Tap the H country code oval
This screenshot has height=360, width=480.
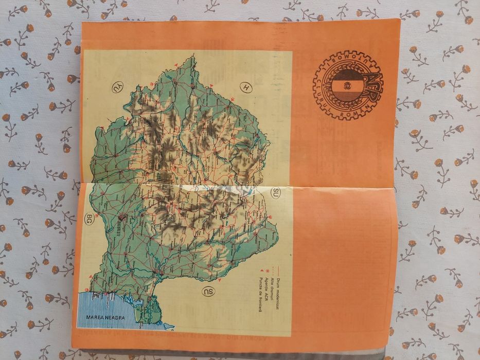coord(246,88)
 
